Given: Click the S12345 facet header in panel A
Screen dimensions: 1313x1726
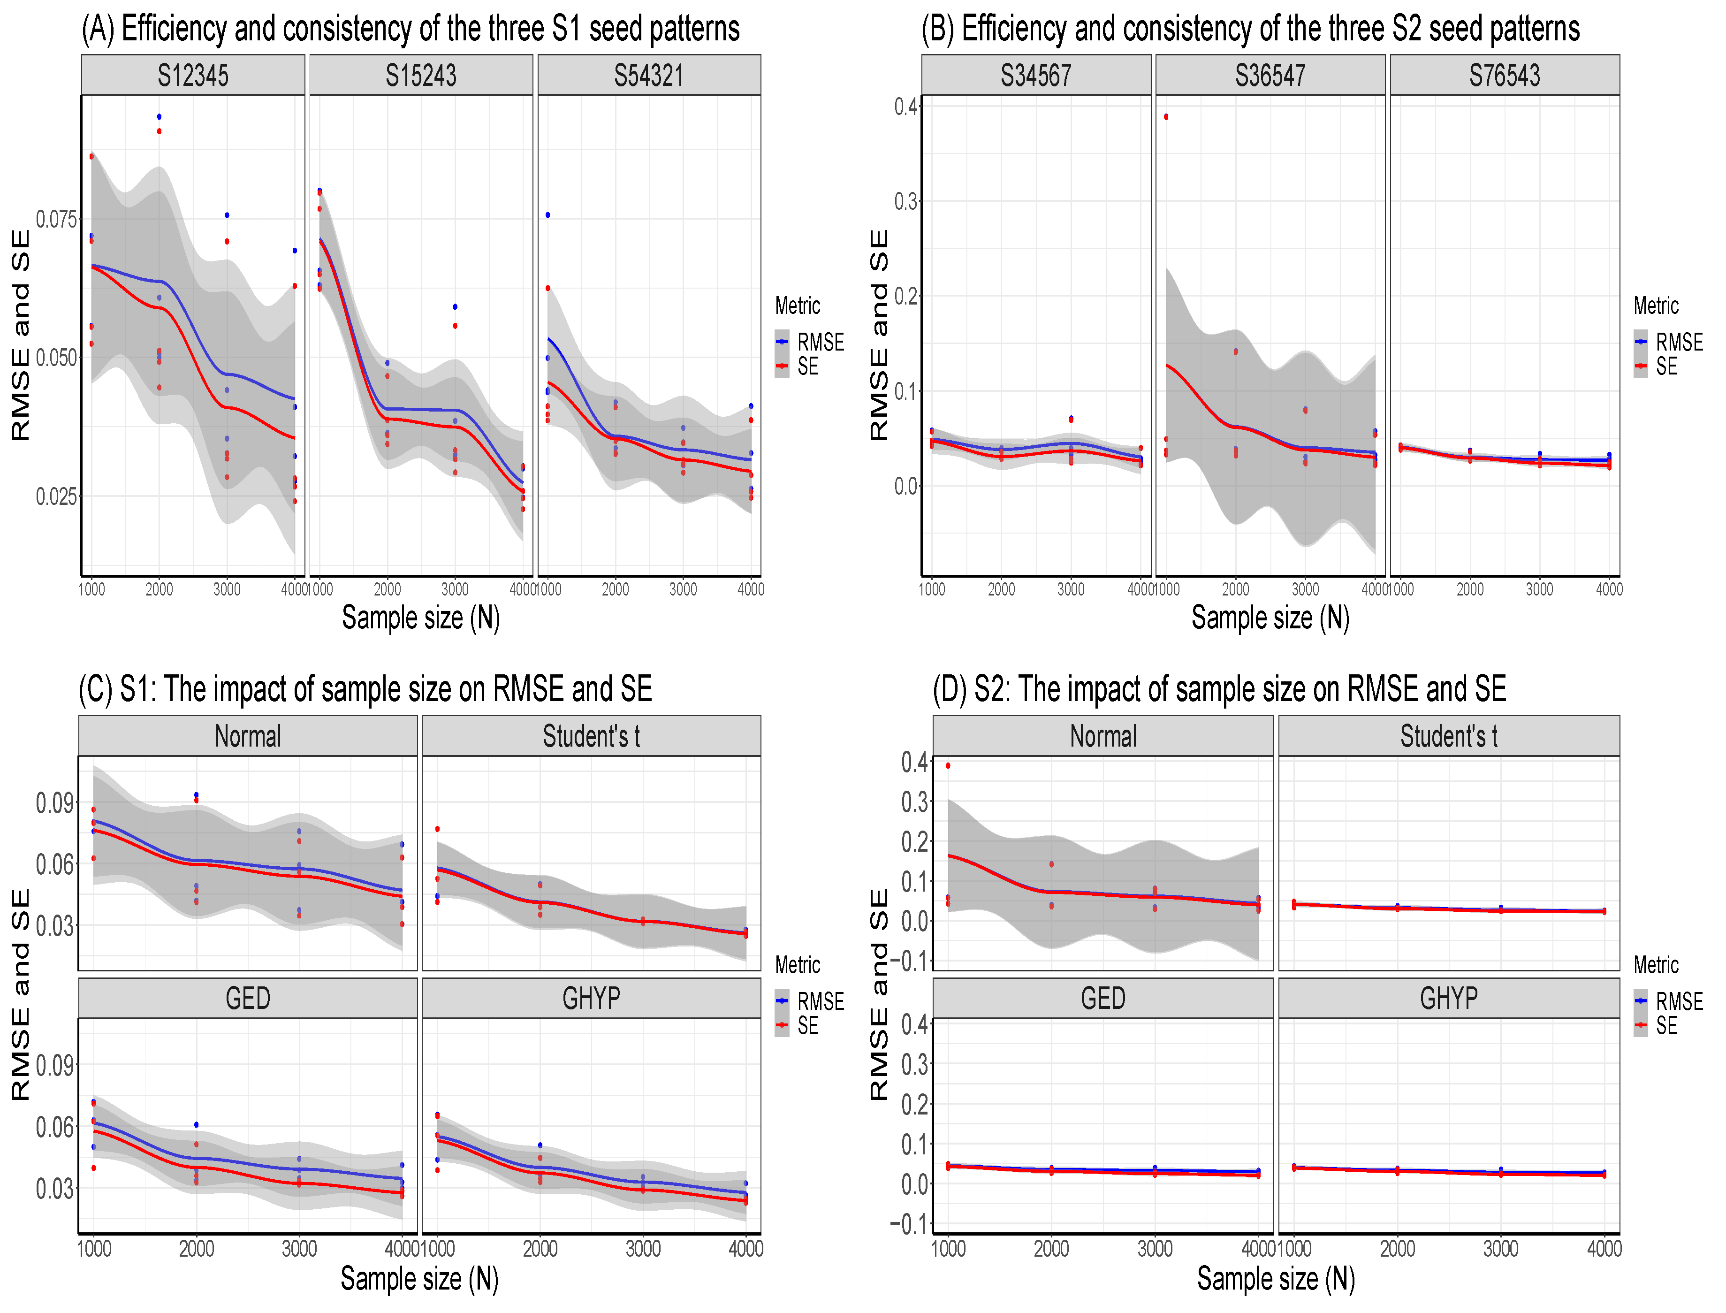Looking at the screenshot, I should click(x=193, y=76).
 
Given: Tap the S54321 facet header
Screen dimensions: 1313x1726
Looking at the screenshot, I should click(x=648, y=76).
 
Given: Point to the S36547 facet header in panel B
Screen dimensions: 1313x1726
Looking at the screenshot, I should click(x=1270, y=76).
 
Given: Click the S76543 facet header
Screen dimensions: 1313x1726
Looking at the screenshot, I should click(x=1504, y=76).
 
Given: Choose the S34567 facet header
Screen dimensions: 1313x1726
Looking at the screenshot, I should click(x=1035, y=76).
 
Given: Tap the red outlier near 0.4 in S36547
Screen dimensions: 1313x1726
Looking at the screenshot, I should click(x=1166, y=117).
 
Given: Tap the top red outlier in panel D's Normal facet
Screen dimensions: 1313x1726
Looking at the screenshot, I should click(x=948, y=766).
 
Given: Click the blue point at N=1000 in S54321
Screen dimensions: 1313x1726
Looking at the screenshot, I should click(x=547, y=215).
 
